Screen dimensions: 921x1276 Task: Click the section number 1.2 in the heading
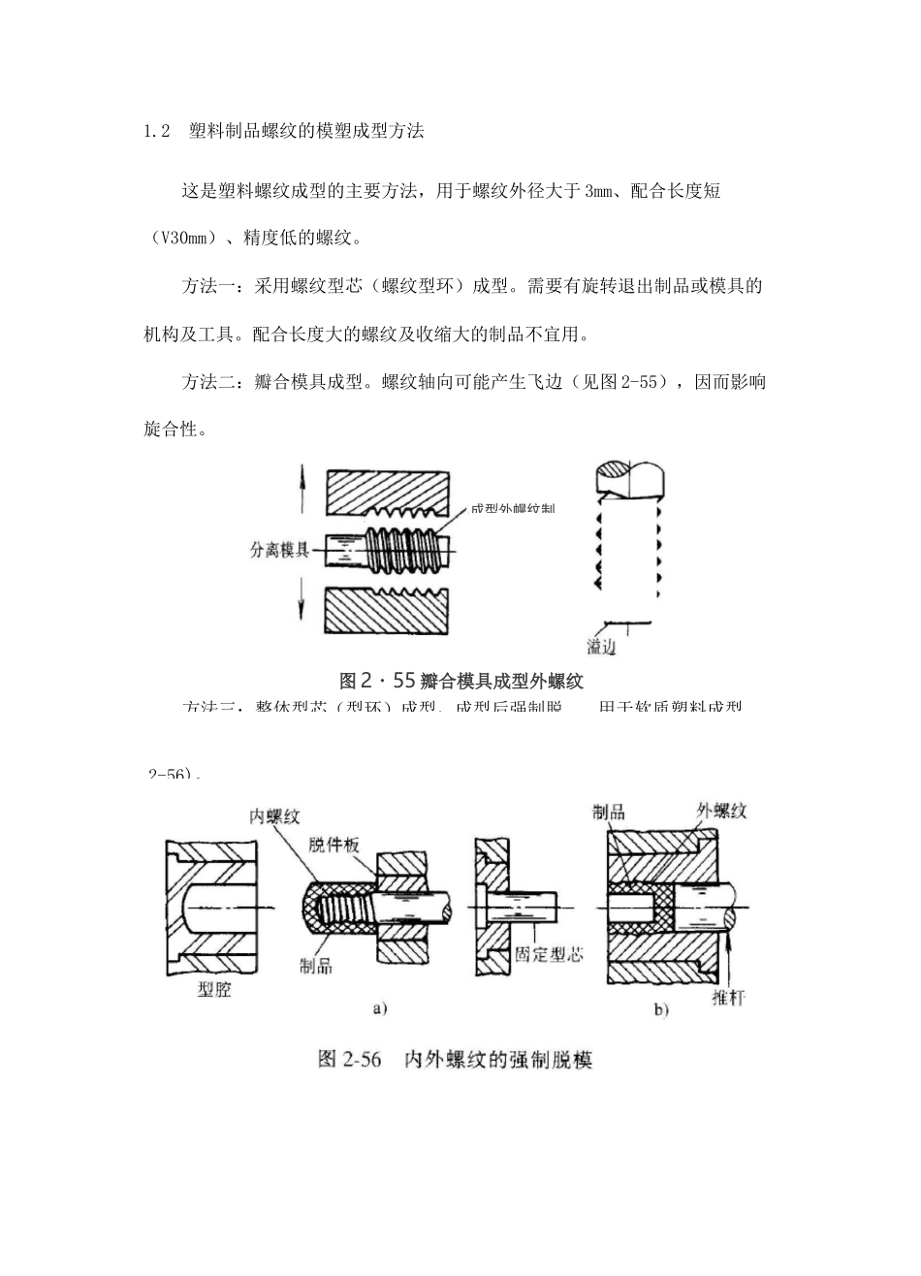[x=157, y=132]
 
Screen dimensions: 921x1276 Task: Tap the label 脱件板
[x=333, y=845]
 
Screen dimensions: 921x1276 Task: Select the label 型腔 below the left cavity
[x=214, y=991]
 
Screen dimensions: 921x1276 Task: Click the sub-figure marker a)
[x=380, y=1008]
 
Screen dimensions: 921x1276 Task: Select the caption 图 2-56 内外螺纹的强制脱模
[x=455, y=1059]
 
